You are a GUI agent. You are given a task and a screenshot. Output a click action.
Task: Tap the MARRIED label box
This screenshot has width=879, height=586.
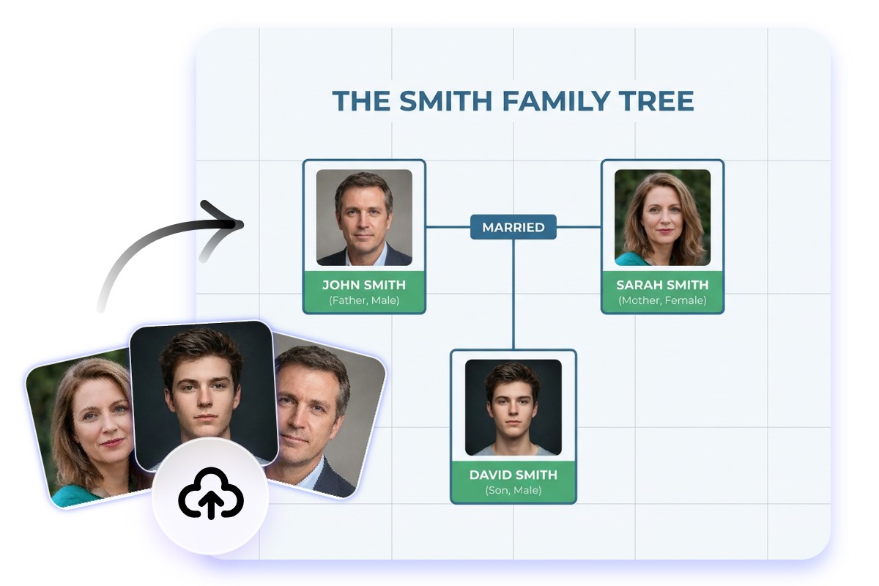point(513,227)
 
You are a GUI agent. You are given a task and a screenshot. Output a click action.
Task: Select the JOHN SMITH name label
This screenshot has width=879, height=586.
point(364,285)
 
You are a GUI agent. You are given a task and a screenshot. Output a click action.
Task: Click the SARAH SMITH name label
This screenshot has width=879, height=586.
point(662,285)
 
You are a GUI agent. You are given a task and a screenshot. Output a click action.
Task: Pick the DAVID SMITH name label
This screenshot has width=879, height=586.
point(513,475)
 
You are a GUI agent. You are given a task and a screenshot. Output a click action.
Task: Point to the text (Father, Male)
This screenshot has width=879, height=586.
point(364,300)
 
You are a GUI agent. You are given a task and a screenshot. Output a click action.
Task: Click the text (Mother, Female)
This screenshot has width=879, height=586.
point(662,300)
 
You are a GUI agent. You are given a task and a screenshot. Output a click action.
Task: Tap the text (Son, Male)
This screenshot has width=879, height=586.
point(513,490)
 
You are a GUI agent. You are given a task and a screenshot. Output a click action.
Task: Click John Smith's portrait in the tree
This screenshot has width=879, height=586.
point(364,218)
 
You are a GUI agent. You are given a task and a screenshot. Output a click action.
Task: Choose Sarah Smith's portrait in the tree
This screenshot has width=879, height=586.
point(662,218)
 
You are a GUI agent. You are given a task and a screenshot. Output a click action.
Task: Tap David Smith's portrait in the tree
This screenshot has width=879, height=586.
point(513,407)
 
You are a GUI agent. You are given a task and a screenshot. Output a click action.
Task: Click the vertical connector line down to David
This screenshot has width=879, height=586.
point(513,293)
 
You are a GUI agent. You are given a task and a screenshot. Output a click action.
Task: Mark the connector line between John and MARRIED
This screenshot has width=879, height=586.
point(448,227)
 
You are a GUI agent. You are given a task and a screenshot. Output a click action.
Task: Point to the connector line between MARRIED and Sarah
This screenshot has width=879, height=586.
point(579,227)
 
